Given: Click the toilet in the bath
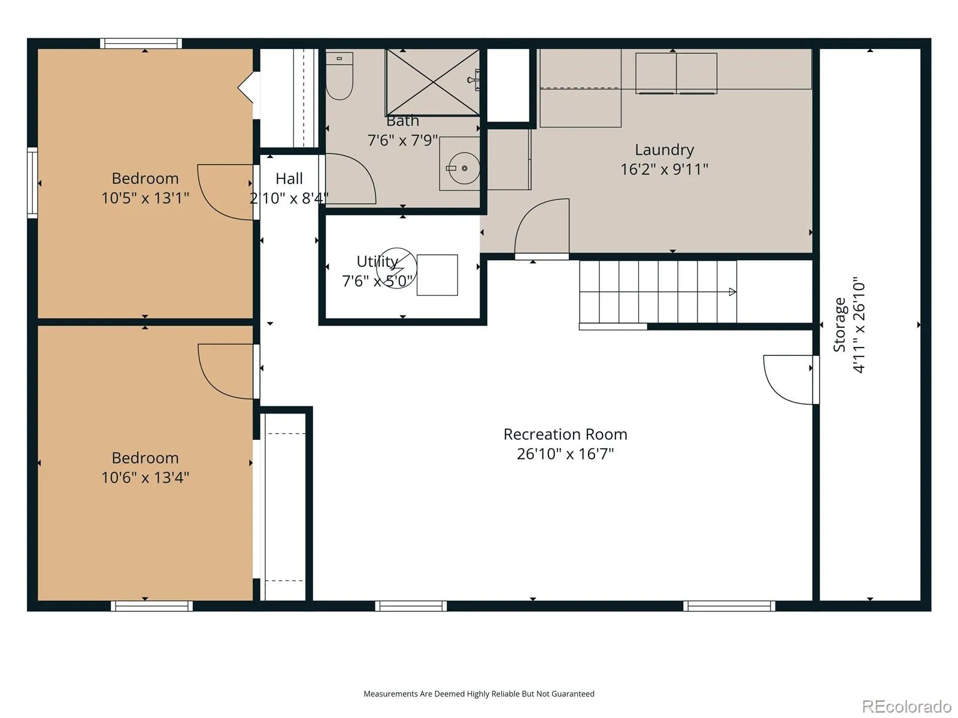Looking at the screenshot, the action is coord(339,76).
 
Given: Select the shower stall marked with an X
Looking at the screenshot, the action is coord(432,83).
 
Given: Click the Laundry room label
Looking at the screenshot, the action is coord(664,150).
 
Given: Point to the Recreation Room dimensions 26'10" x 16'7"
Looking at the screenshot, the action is coord(565,454).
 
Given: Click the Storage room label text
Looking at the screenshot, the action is coord(839,325).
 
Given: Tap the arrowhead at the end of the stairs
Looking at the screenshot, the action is coord(733,291).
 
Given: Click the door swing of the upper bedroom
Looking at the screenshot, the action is coord(226,192).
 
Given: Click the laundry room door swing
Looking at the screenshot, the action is coord(542,227).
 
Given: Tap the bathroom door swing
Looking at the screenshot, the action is coord(350,179).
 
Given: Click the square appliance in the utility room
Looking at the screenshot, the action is coord(437,275).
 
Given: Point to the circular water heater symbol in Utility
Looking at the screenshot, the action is coord(396,268).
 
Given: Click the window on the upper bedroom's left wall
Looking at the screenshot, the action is coord(32,182).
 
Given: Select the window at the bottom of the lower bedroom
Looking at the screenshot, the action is coord(151,606).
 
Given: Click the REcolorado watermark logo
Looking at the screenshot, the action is coord(907,706).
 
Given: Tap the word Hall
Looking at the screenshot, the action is coord(289,178).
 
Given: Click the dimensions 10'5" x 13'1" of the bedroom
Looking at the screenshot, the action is coord(145,198).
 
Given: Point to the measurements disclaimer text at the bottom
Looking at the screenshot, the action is coord(479,693).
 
